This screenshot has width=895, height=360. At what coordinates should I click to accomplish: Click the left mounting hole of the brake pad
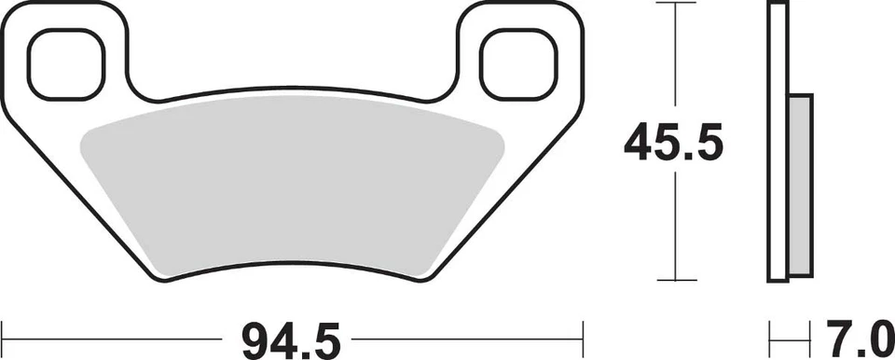[64, 62]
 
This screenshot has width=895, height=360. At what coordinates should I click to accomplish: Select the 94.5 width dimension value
[291, 336]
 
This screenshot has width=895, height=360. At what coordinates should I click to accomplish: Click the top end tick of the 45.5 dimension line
[674, 5]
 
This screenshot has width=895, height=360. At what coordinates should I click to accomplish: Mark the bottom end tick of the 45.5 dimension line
[674, 280]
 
